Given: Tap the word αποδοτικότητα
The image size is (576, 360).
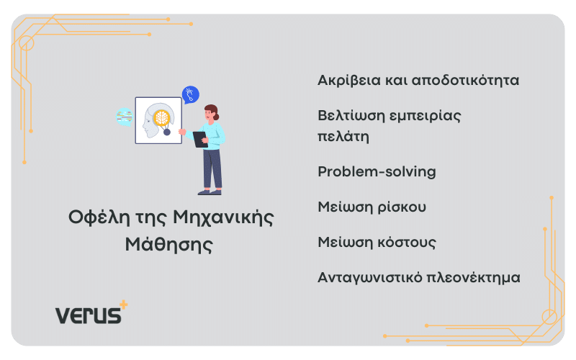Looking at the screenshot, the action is tap(465, 81).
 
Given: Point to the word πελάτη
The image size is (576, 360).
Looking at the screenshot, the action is tap(343, 136).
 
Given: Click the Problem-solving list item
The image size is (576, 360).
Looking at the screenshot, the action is tap(377, 171).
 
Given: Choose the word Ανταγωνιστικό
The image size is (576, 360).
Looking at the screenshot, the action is tap(370, 278).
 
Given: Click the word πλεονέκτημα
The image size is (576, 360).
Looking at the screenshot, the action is tap(474, 278).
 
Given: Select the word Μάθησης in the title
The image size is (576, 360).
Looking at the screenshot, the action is tap(169, 244).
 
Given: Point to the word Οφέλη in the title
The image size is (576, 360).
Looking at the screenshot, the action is tap(99, 217).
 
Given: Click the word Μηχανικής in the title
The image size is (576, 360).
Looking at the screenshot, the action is tap(223, 217).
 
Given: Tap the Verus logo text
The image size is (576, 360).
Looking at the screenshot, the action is tap(88, 315).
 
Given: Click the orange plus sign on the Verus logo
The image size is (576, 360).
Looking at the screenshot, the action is tap(124, 305).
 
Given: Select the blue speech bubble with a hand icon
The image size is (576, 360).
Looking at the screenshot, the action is tap(190, 95).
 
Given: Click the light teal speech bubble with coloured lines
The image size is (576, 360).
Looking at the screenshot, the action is tap(124, 117).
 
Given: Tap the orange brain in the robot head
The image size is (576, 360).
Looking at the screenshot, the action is tap(161, 118).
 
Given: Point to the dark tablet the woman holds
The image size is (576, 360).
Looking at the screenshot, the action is tap(200, 140).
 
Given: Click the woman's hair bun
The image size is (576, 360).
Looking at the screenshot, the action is tap(216, 117).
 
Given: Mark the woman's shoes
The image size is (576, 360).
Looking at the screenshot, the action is tap(210, 192).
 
